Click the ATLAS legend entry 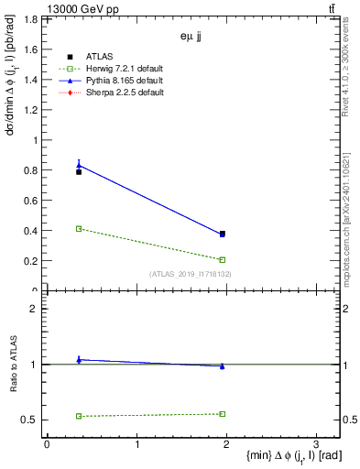tap(101, 58)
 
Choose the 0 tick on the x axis tap(47, 444)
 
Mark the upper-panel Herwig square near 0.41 tap(79, 229)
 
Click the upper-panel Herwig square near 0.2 tap(223, 260)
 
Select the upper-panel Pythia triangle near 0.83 tap(79, 166)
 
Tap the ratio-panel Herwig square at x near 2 tap(223, 414)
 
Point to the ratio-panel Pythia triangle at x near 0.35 tap(79, 360)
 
